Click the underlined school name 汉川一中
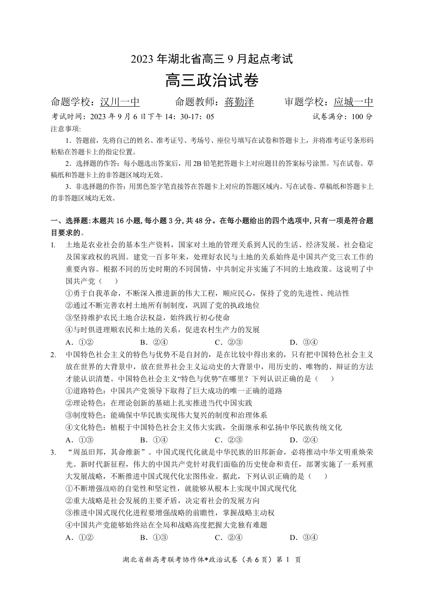coord(120,102)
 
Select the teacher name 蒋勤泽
coord(239,102)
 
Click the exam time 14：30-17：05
coord(191,117)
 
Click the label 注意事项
coord(65,129)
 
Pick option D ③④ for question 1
coord(304,342)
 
